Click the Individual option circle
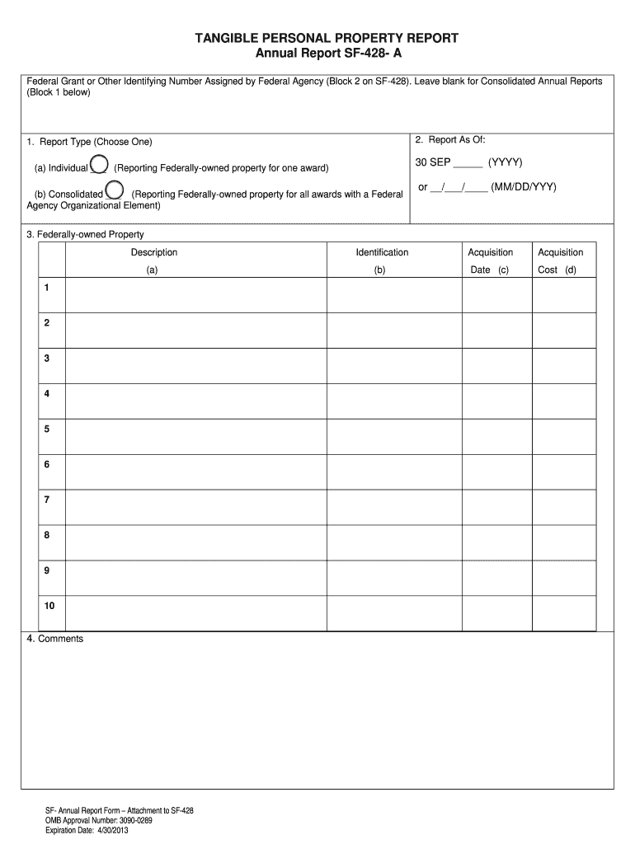click(x=98, y=165)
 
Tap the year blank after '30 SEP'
click(x=468, y=162)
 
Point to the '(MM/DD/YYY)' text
click(x=524, y=188)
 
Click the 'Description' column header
click(x=153, y=253)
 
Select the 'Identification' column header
click(x=382, y=253)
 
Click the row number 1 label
click(x=47, y=288)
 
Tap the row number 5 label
click(x=47, y=429)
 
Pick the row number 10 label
click(x=49, y=606)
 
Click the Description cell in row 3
click(x=195, y=366)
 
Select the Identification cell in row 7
click(x=393, y=508)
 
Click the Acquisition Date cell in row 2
click(x=496, y=331)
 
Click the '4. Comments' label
click(x=55, y=640)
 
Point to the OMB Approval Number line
click(x=99, y=821)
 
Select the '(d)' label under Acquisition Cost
click(x=570, y=270)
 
